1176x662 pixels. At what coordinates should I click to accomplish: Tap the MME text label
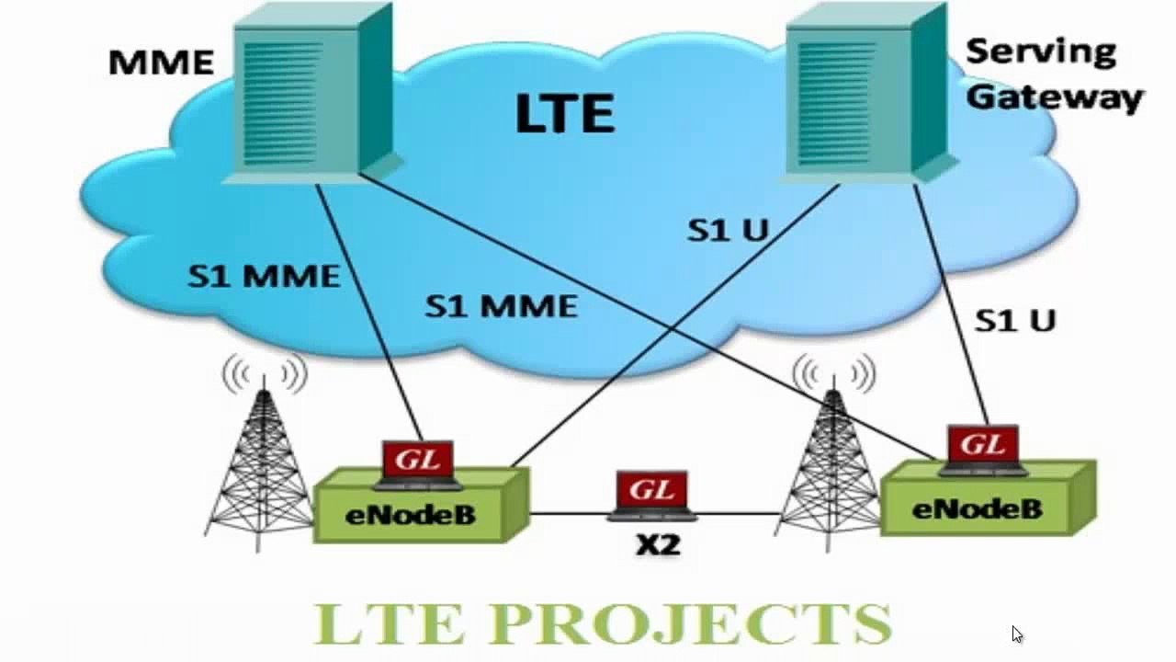(161, 63)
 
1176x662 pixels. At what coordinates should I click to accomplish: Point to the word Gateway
(1055, 97)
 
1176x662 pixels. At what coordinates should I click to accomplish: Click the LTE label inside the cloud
(564, 114)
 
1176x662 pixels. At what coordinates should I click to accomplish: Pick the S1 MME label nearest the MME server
(263, 276)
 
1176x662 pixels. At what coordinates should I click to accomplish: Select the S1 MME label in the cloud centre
(501, 306)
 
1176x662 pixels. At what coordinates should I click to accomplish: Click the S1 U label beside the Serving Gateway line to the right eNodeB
(1014, 320)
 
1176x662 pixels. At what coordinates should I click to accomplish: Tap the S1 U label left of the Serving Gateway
(728, 230)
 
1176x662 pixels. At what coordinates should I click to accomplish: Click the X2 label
(658, 544)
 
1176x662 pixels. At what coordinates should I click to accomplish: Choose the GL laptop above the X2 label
(651, 494)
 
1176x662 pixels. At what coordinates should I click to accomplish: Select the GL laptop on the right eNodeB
(983, 449)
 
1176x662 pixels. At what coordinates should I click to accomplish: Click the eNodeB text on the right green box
(976, 508)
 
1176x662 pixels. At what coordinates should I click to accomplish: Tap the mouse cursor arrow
(1016, 633)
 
